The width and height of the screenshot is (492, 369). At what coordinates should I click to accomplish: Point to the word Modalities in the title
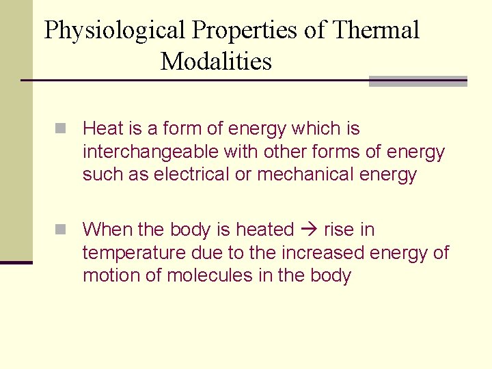[x=216, y=62]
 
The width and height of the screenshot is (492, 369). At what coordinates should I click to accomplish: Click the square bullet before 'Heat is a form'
[x=61, y=128]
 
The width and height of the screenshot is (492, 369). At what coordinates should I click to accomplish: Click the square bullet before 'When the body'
[x=61, y=230]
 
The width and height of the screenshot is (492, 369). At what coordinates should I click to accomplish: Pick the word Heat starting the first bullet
[x=102, y=128]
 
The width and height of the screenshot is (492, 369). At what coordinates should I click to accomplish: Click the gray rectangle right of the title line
[x=418, y=81]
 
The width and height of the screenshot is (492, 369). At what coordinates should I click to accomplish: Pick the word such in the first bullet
[x=102, y=175]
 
